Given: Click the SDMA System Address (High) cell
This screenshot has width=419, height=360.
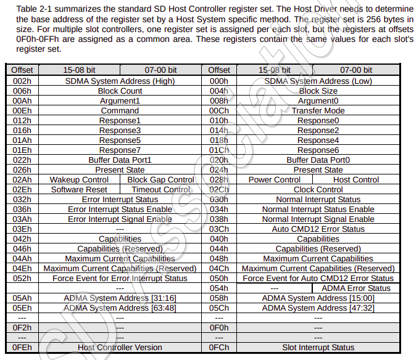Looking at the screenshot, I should pos(120,81).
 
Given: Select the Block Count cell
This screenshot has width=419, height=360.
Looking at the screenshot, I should pos(120,91).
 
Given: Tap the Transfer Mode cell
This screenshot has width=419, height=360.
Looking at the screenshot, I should pos(318,110).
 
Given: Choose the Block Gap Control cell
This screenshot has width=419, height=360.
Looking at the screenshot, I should pos(160,179).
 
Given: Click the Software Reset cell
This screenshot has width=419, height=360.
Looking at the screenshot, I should pos(79,189).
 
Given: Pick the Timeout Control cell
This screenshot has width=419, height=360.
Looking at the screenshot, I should pos(160,189).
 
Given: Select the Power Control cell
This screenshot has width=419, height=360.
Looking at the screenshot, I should pos(275,179).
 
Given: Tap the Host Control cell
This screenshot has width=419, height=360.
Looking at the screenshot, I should pos(356,179).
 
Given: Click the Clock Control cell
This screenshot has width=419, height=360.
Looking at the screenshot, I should pos(318,189).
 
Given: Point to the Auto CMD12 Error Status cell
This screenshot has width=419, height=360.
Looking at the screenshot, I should pos(318,229).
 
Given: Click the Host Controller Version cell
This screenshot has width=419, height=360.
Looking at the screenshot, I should pos(120,347).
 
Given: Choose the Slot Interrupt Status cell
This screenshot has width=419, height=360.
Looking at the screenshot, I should pos(318,347).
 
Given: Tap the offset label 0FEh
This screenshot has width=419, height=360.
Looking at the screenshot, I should pos(22,347).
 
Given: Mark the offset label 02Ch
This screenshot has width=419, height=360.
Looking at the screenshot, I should pos(219,189).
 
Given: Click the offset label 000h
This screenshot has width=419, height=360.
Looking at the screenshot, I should pos(219,81).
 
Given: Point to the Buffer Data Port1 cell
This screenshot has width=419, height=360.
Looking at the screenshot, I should pos(120,160).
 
